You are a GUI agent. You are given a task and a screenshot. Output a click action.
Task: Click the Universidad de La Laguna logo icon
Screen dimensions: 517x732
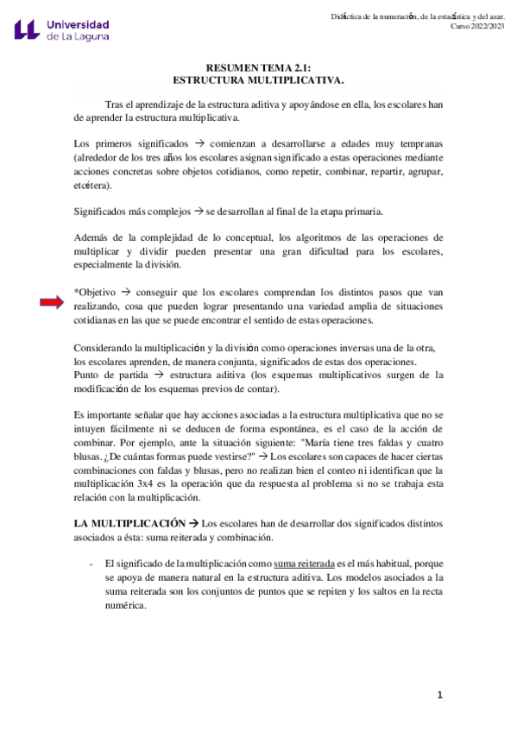coord(28,29)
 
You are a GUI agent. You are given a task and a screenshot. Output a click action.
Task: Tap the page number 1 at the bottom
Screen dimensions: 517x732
coord(439,695)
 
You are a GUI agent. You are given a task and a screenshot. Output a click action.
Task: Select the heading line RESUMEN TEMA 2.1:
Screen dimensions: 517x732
coord(259,67)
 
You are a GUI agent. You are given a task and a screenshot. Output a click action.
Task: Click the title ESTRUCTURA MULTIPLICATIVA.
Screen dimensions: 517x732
coord(259,79)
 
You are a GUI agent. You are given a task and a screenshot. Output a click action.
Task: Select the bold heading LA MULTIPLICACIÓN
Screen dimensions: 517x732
coord(129,524)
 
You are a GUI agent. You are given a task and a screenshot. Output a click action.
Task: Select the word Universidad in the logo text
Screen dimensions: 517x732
coord(79,22)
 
